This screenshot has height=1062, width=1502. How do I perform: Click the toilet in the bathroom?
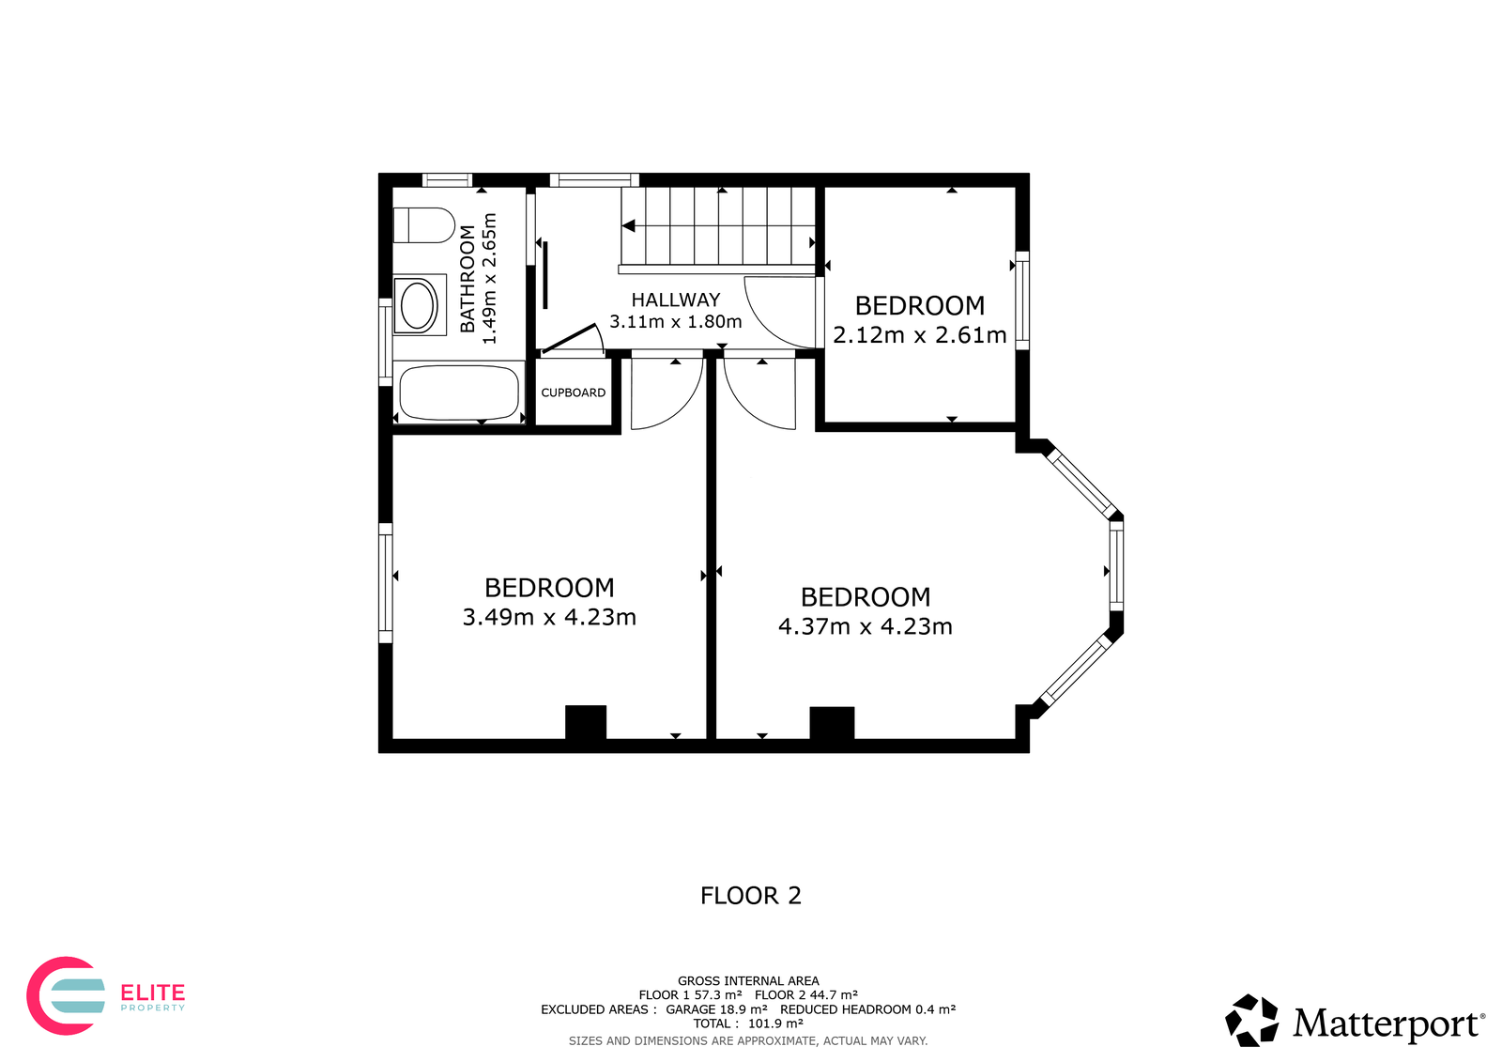coord(423,225)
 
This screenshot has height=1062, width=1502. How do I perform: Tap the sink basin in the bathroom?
coord(419,305)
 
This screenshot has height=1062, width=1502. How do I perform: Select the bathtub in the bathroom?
coord(459,393)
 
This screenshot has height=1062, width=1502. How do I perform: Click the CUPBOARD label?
coord(574,392)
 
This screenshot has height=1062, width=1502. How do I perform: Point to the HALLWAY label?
coord(676,300)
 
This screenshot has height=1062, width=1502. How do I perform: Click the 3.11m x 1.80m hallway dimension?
coord(676,321)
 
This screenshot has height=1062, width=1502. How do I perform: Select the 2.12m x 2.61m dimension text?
coord(920,335)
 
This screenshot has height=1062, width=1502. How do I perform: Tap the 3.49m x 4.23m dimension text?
coord(549,617)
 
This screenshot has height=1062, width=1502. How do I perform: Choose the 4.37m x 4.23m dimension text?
coord(866,626)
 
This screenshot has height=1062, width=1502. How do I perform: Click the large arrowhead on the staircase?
coord(628,226)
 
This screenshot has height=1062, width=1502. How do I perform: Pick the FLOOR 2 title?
coord(751,896)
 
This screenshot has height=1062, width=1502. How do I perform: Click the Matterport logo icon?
coord(1251,1021)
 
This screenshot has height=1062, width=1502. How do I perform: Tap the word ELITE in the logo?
coord(152,993)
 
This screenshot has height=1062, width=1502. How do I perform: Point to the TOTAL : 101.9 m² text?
coord(748,1024)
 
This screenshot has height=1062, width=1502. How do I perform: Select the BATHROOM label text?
coord(467,279)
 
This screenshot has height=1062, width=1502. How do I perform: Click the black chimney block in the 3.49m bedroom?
coord(586,722)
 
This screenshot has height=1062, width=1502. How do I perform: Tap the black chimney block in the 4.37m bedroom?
coord(832,723)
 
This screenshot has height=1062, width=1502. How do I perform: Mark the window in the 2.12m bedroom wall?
coord(1022,300)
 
